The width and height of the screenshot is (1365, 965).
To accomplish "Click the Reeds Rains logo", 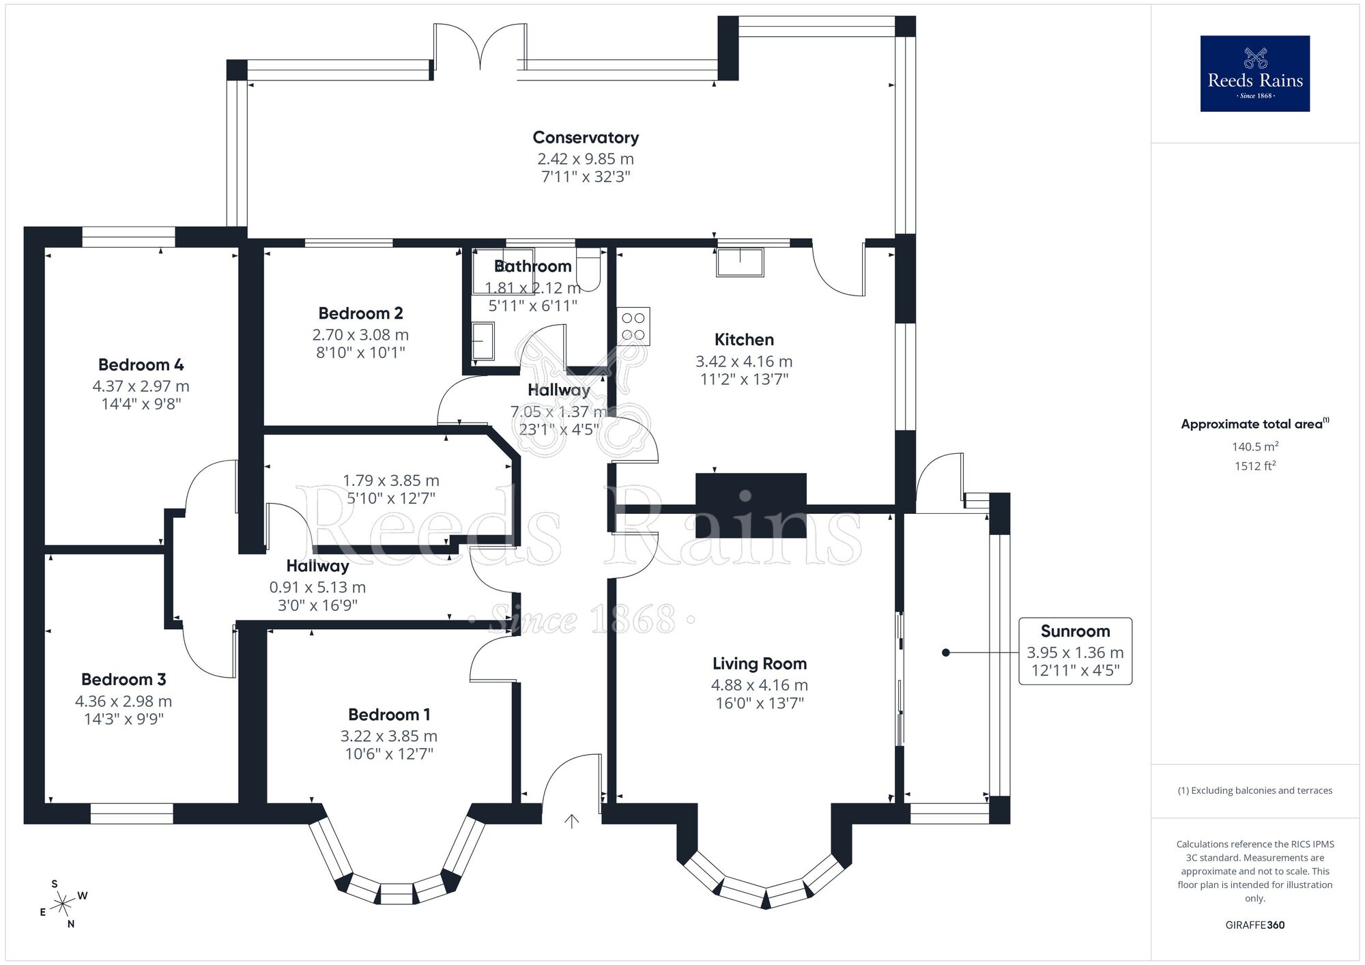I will tap(1254, 74).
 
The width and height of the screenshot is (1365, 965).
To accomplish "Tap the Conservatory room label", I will tap(586, 138).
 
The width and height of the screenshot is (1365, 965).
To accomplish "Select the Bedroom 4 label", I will tap(141, 365).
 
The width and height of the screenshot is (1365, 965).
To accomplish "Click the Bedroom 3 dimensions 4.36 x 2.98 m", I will tap(124, 702).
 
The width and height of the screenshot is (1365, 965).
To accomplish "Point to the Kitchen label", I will tap(744, 340).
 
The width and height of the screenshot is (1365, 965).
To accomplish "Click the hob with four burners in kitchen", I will tap(633, 327).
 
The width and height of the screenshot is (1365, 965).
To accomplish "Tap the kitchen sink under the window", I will tap(740, 263).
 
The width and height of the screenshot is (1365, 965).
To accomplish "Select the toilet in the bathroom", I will tap(588, 270).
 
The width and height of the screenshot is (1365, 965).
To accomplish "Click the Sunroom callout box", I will tap(1075, 651).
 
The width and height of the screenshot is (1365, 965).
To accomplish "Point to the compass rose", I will tap(63, 904).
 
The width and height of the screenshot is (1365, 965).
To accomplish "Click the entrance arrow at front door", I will tap(571, 821).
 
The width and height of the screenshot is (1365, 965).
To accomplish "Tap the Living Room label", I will tap(760, 664).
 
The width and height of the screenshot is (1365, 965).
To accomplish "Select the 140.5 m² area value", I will tap(1254, 447).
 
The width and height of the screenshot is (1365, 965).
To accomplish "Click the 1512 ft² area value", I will tap(1254, 467).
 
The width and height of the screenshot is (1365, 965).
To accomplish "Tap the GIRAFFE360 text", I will tap(1254, 925).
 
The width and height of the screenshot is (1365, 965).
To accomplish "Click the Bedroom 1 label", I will tap(389, 715).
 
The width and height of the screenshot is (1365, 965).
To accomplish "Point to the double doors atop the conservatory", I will tap(480, 48).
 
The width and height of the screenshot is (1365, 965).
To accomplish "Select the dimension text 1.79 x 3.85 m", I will tap(390, 481).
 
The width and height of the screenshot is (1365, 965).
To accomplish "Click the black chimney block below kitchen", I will tap(751, 505).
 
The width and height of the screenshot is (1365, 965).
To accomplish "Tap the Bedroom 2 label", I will tap(360, 314).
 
